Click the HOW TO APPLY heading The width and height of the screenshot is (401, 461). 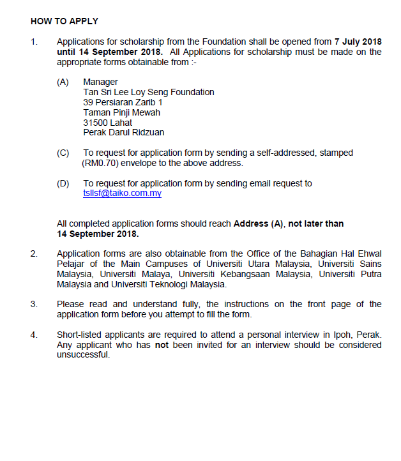pyautogui.click(x=64, y=20)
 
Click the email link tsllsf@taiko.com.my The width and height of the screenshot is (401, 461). pyautogui.click(x=122, y=193)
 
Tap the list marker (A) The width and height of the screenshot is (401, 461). pyautogui.click(x=63, y=82)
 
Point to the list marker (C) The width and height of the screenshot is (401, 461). pyautogui.click(x=63, y=153)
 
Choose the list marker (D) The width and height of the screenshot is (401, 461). pyautogui.click(x=63, y=184)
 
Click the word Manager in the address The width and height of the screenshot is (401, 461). pyautogui.click(x=100, y=82)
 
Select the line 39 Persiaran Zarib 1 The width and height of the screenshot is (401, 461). pyautogui.click(x=123, y=102)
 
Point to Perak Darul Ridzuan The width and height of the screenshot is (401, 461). pyautogui.click(x=123, y=133)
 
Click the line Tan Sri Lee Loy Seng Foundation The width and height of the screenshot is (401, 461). pyautogui.click(x=149, y=92)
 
